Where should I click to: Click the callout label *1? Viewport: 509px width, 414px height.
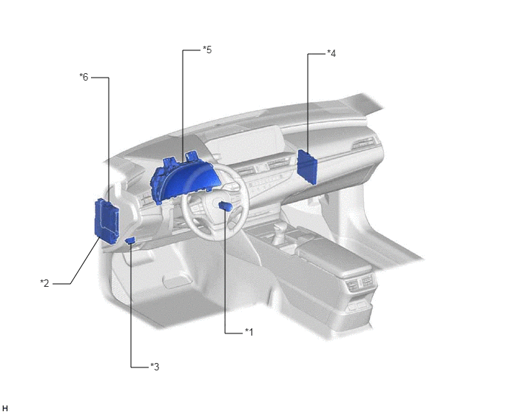pos(249,332)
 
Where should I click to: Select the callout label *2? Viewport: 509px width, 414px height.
pos(44,283)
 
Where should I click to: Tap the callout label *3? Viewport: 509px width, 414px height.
pos(155,367)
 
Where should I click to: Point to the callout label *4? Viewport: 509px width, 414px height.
pos(331,53)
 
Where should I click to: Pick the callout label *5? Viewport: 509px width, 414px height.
pos(207,50)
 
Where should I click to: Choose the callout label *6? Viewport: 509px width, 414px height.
pos(84,77)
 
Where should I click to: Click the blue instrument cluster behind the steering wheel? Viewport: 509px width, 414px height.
pos(183,178)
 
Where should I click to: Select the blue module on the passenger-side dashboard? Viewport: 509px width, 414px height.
pos(307,166)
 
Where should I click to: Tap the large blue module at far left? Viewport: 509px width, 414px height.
pos(107,220)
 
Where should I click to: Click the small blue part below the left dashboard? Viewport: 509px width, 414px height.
pos(130,240)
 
